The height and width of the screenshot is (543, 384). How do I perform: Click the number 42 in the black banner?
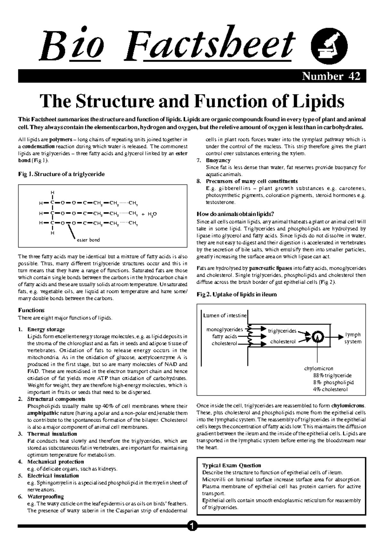point(354,77)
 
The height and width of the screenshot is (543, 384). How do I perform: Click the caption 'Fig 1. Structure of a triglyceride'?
point(61,174)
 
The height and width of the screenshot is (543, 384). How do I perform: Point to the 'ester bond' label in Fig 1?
point(88,240)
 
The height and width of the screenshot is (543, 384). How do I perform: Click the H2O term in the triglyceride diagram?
point(152,214)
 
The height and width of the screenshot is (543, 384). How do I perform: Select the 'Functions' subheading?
point(31,310)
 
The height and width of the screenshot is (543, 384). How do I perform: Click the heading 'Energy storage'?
point(46,329)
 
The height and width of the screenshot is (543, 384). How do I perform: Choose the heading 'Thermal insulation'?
point(52,434)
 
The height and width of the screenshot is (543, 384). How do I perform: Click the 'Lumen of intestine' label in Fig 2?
point(225,316)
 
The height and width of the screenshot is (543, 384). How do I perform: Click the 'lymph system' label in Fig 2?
point(353,338)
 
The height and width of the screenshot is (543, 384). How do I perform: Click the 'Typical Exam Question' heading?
point(232,465)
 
